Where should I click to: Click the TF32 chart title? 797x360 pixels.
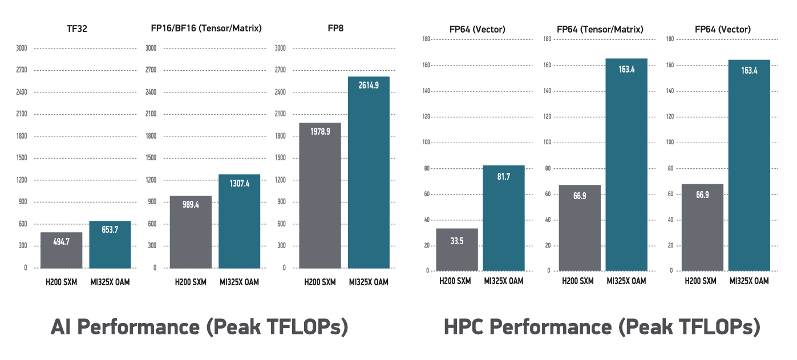(x=76, y=29)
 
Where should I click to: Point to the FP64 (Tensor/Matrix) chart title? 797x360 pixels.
(x=600, y=29)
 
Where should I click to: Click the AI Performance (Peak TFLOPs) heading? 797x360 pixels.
(x=199, y=327)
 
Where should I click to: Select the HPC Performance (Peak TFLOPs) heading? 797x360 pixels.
(x=602, y=327)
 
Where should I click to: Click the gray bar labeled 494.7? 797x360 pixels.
(x=62, y=250)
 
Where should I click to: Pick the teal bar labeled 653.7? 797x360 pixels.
(x=110, y=244)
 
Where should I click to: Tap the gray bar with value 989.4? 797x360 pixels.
(x=191, y=232)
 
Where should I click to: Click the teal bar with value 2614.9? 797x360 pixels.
(x=369, y=172)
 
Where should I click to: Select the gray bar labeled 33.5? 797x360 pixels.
(x=457, y=249)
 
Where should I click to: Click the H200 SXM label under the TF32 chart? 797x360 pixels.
(x=62, y=281)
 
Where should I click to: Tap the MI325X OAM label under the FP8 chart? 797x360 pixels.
(x=369, y=281)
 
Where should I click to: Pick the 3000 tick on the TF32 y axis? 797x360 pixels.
(x=22, y=48)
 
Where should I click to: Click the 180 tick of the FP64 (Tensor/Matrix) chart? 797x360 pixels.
(x=547, y=39)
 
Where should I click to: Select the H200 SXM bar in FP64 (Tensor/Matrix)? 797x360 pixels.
(x=580, y=228)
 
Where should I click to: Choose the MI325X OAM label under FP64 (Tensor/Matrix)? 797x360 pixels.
(x=626, y=281)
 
